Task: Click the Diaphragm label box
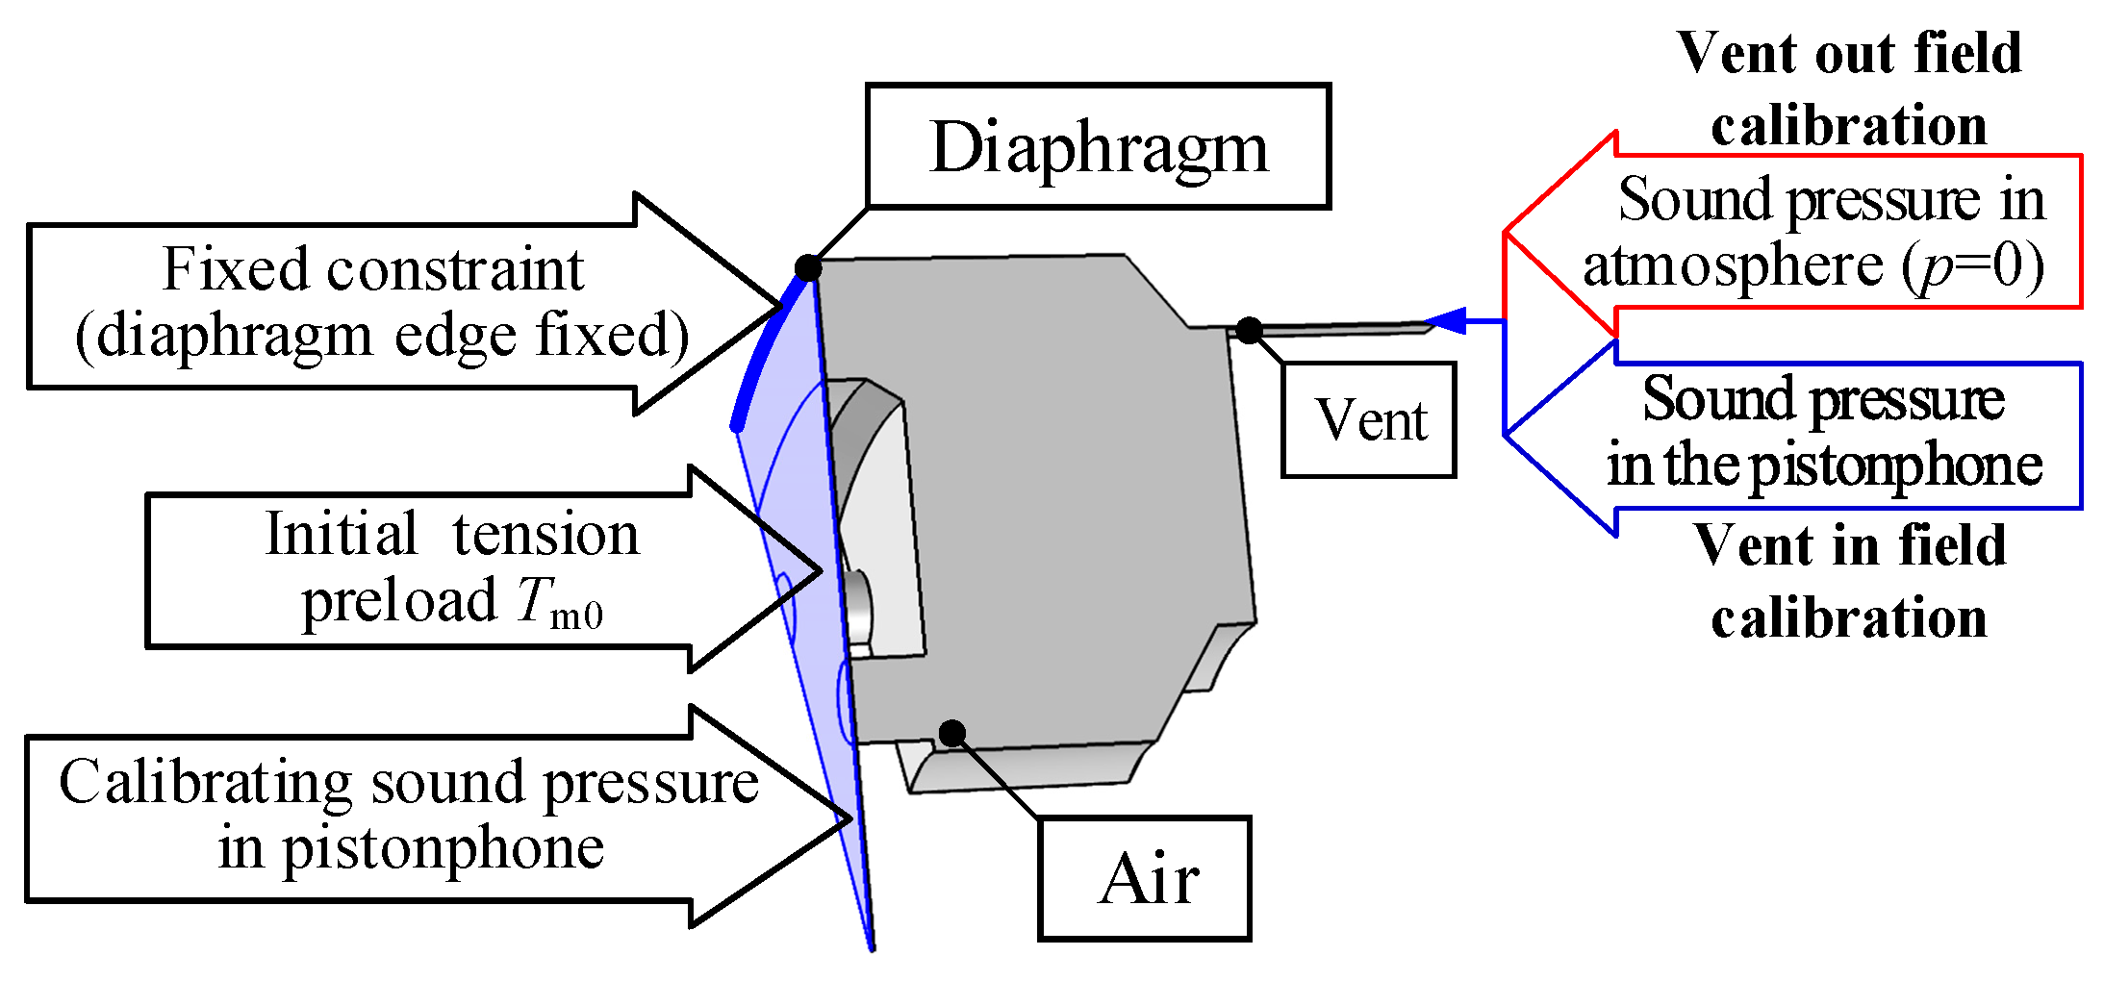(x=1098, y=146)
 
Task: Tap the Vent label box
(x=1369, y=420)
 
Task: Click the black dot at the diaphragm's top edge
(x=808, y=267)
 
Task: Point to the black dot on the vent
(x=1249, y=331)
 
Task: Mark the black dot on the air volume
(x=951, y=734)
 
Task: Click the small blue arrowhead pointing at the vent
(x=1446, y=320)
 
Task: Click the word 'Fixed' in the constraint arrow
(x=236, y=268)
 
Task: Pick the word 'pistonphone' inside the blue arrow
(x=1894, y=465)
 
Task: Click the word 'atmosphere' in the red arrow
(x=1732, y=266)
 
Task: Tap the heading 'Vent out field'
(x=1848, y=53)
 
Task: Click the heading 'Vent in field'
(x=1849, y=545)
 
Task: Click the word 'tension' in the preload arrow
(x=545, y=534)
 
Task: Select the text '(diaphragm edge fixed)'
(x=382, y=336)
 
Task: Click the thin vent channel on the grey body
(x=1337, y=329)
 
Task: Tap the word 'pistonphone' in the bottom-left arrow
(x=443, y=848)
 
